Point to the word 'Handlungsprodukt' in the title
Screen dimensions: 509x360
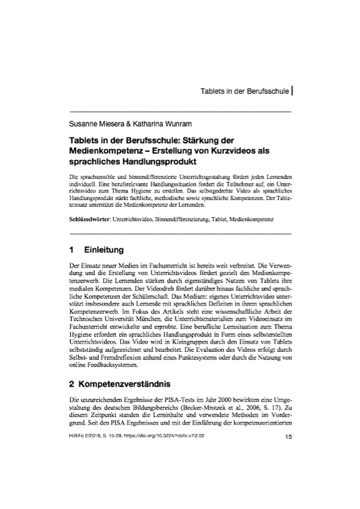pyautogui.click(x=154, y=161)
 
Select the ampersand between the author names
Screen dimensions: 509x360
pyautogui.click(x=129, y=124)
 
